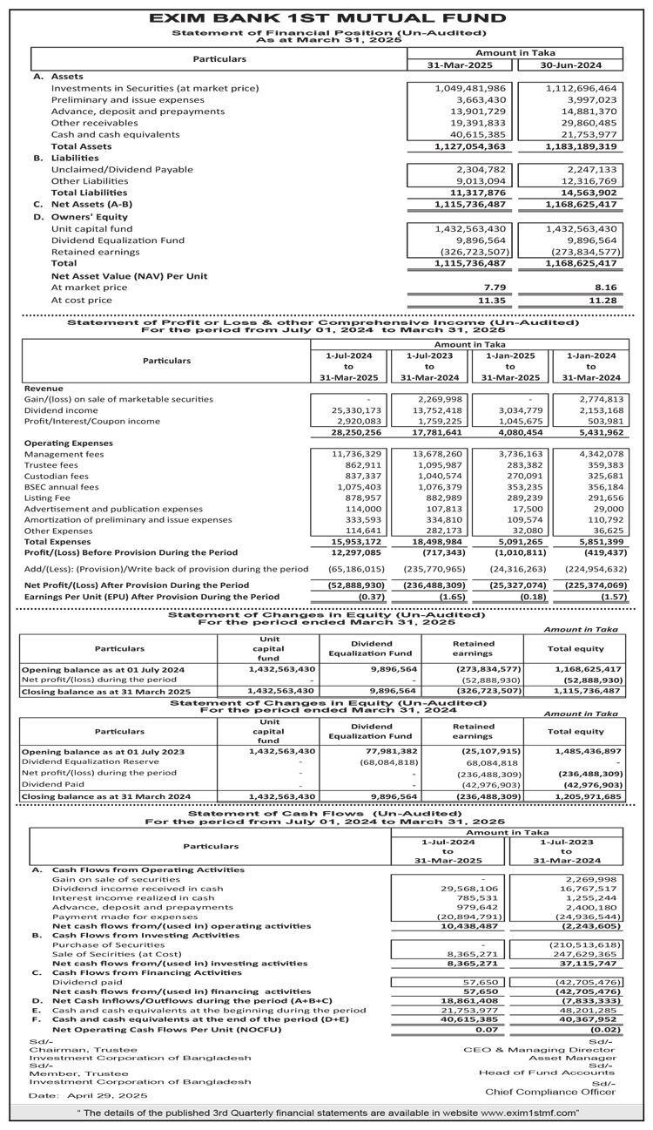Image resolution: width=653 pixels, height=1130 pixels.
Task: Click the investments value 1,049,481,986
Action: [470, 88]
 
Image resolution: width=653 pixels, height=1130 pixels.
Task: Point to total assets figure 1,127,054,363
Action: [470, 146]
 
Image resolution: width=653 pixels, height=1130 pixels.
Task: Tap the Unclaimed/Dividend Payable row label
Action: [110, 169]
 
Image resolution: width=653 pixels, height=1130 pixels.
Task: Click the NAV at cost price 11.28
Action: [605, 300]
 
